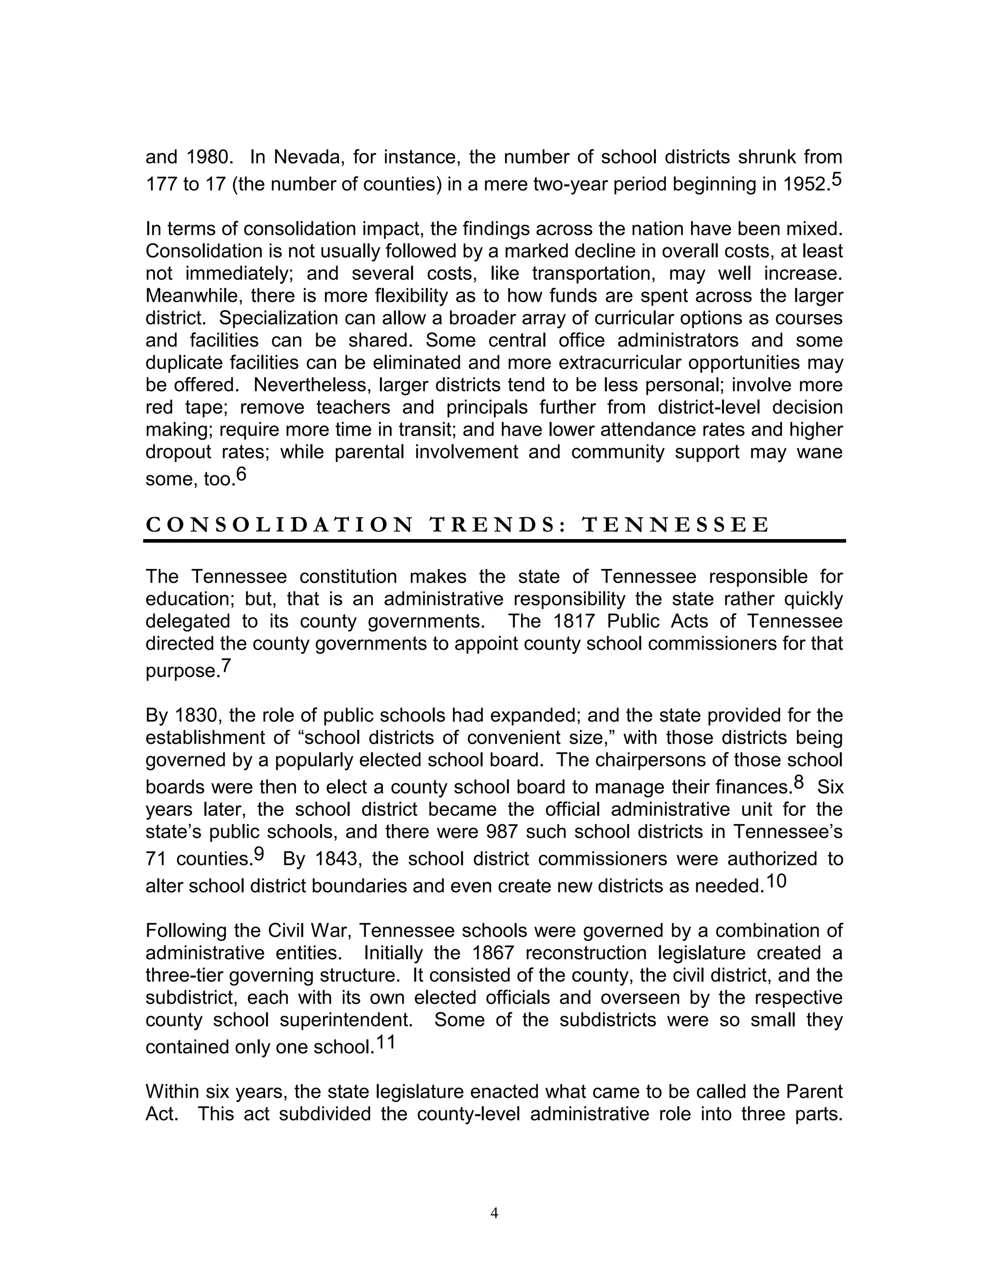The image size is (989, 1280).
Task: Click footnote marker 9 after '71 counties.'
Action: [x=259, y=854]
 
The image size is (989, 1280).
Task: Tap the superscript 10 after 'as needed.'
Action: [x=777, y=881]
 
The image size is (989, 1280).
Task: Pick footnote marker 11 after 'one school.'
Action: [x=385, y=1042]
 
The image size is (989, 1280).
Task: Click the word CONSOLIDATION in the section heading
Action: [x=280, y=525]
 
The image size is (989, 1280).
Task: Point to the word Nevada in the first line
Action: [x=304, y=157]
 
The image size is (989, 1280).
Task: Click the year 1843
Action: [x=335, y=859]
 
